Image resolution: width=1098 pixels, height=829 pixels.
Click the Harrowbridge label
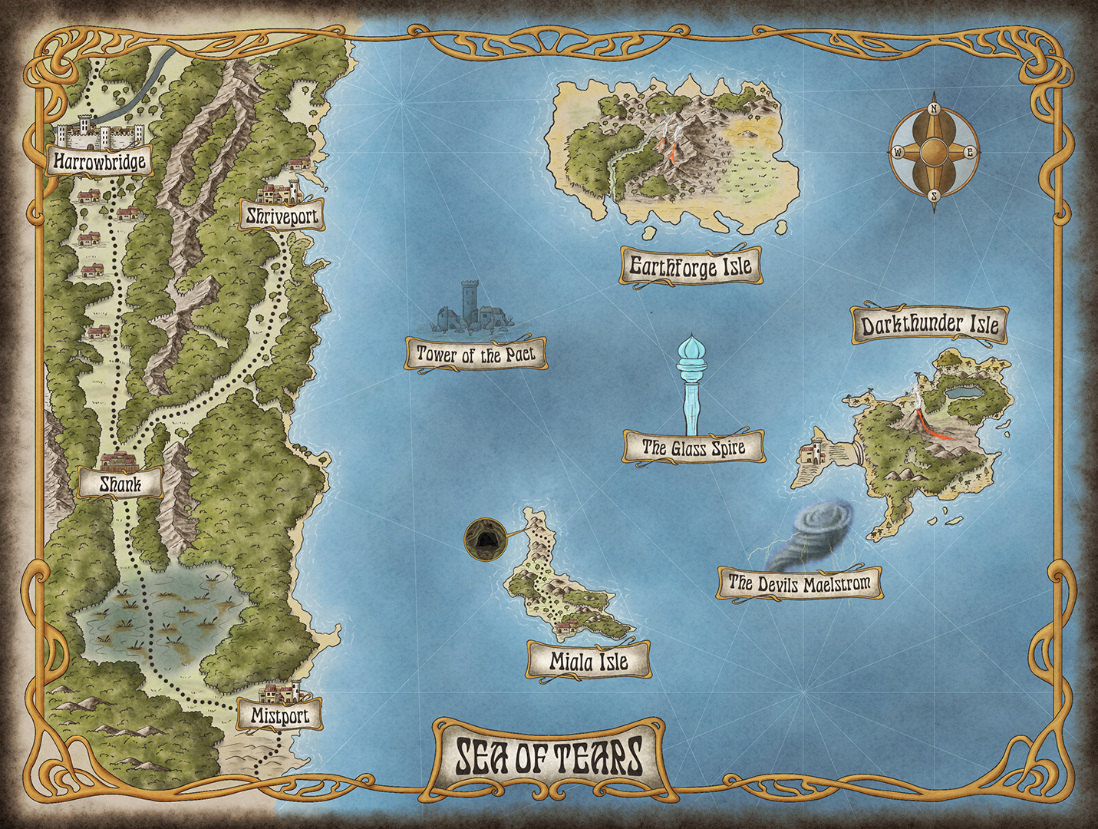[x=100, y=161]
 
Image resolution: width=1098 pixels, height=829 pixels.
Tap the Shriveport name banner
[x=282, y=216]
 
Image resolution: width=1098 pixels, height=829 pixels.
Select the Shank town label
[x=120, y=484]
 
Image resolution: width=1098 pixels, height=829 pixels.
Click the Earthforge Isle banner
[x=691, y=267]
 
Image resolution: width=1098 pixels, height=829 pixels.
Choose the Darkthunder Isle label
[x=930, y=325]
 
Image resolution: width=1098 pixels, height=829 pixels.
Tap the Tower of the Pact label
[x=476, y=355]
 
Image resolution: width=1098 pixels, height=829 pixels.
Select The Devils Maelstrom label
[x=800, y=583]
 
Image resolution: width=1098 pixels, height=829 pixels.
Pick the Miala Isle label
[x=589, y=661]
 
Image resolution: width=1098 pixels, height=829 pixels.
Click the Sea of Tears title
[x=549, y=756]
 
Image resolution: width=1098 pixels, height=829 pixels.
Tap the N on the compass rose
[x=934, y=109]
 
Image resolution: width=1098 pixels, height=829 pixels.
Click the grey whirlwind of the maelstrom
[x=819, y=530]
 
